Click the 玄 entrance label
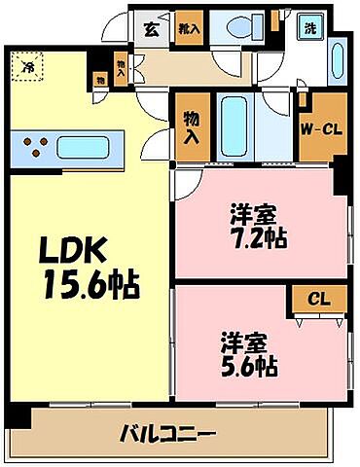(x=153, y=28)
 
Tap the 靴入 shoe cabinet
(x=188, y=29)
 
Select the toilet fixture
(x=234, y=29)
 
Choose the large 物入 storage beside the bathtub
(x=192, y=126)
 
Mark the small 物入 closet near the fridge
(x=120, y=66)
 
